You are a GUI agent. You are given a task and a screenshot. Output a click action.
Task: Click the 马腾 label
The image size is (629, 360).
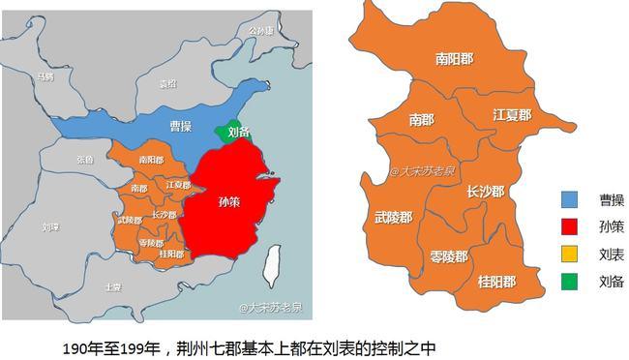click(x=45, y=75)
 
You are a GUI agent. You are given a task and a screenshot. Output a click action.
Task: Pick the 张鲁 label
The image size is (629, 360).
click(x=85, y=160)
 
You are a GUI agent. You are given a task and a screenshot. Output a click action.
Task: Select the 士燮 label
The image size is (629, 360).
click(x=113, y=287)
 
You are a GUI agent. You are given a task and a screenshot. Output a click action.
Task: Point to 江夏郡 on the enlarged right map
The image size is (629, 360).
click(x=512, y=114)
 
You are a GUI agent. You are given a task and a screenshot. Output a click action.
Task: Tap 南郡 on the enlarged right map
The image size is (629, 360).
click(x=422, y=120)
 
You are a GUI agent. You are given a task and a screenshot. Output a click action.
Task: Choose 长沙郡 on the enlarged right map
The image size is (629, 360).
click(x=485, y=191)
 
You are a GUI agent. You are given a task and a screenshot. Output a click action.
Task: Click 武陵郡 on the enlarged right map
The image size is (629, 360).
click(x=393, y=218)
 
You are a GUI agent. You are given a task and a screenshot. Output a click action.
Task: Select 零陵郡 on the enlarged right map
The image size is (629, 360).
click(x=448, y=256)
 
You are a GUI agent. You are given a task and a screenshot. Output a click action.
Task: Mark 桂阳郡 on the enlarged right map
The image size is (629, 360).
click(x=496, y=282)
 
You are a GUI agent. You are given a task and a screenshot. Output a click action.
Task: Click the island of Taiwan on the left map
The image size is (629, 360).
click(x=274, y=258)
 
